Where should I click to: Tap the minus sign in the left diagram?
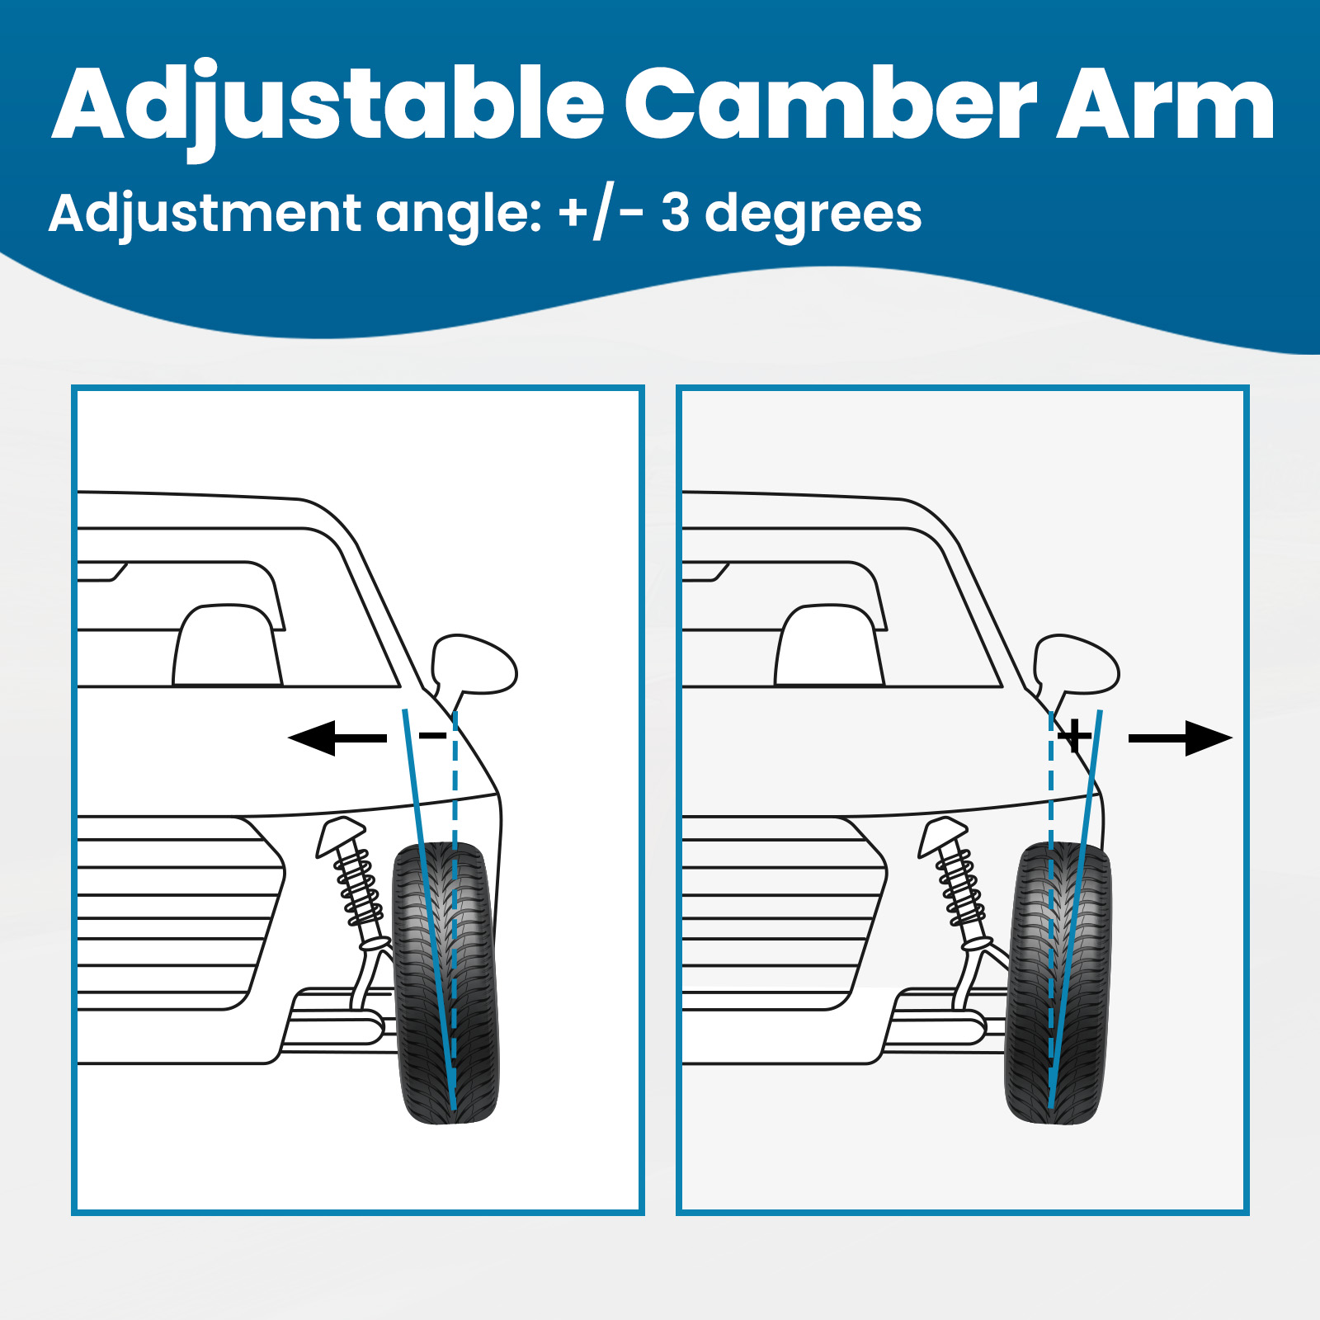pos(432,735)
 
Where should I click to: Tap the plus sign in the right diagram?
pos(1074,735)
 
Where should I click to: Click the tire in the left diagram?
pos(445,982)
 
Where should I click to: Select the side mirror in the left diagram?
pos(474,665)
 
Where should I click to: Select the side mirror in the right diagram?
pos(1077,665)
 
